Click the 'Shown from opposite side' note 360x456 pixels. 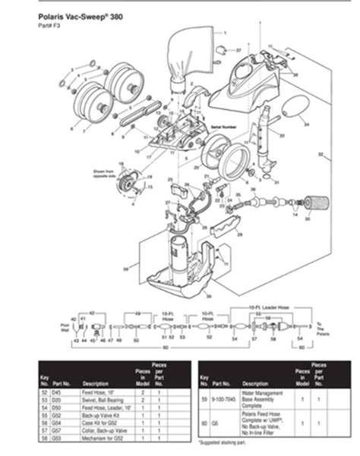click(x=106, y=173)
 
